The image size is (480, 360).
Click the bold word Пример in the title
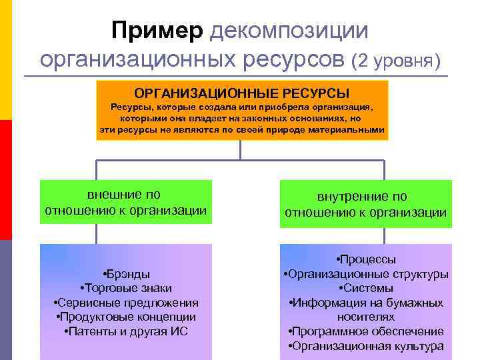(157, 31)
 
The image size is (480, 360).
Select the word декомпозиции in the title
(289, 31)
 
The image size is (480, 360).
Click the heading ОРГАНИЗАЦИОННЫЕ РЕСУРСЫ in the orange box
(241, 92)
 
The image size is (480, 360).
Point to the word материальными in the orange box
(346, 130)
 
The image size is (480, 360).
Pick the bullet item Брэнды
(126, 273)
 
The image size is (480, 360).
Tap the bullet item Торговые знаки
(126, 288)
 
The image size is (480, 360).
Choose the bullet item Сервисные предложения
(126, 302)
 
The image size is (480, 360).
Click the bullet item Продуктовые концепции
(126, 317)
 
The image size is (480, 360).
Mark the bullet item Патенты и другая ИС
(126, 331)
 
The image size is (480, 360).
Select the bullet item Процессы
(366, 259)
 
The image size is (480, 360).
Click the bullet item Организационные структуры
(366, 273)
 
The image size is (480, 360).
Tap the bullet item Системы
(366, 288)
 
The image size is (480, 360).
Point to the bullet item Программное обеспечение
(366, 331)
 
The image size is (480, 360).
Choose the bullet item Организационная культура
(366, 346)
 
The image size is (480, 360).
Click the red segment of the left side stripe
(5, 180)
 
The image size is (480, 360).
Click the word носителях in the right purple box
(366, 317)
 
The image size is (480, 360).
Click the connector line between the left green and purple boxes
(97, 233)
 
